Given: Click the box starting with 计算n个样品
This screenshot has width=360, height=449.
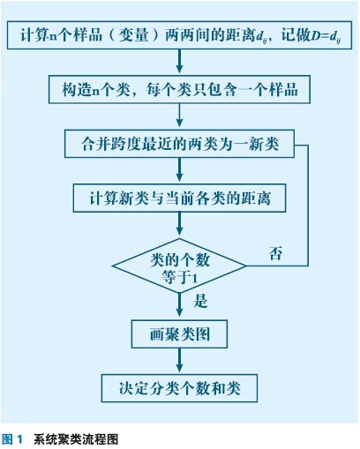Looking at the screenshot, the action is pos(179,35).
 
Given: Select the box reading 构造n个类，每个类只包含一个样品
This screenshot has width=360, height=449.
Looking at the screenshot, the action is pos(179,89).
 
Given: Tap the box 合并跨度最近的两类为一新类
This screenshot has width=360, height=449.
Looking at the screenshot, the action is pos(179,144).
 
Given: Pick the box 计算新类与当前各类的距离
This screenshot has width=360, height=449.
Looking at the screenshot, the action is pos(179,198).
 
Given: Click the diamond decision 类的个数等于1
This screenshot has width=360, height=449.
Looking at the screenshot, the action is pos(179,266).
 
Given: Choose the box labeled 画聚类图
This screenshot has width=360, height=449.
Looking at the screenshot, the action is pos(179,334).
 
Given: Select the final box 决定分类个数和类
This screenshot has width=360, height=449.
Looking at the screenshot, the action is pos(179,388).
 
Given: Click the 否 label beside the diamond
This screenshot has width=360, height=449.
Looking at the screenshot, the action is pos(276,253).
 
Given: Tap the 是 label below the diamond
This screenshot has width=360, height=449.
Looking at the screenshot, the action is pos(200,301).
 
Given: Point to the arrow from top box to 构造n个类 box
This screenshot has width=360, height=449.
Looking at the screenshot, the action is pos(179,62).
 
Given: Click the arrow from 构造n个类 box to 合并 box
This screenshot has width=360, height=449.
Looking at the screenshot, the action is pos(179,116).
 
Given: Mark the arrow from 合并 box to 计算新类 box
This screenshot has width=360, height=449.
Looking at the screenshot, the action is pos(179,171).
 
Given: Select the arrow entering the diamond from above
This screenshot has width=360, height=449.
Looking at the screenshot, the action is pos(179,225).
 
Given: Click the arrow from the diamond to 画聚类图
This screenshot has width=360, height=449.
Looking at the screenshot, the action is pos(179,307).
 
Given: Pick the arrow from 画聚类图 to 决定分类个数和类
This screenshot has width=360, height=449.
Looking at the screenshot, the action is pos(179,361).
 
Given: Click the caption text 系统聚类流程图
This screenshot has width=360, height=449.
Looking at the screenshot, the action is pos(76,439).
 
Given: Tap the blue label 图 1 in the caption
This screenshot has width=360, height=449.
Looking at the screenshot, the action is pos(12,439).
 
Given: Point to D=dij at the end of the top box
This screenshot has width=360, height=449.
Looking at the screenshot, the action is pos(326,36).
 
